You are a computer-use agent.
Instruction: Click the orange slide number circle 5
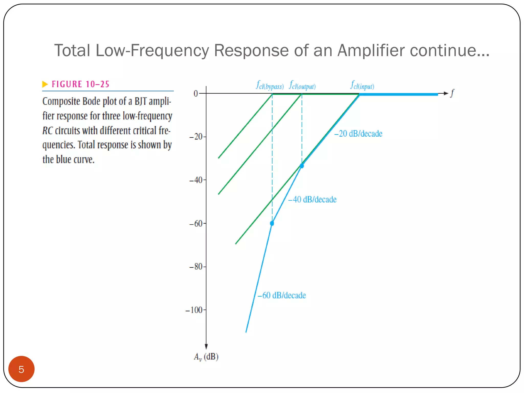tap(21, 369)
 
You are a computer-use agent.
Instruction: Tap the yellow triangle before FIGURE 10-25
tap(45, 84)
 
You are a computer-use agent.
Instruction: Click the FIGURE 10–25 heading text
tap(80, 84)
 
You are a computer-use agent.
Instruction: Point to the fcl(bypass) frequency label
tap(270, 85)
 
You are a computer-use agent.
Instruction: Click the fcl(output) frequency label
tap(302, 85)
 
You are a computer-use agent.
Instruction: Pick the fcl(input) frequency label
tap(362, 85)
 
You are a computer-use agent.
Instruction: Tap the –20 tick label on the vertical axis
tap(196, 137)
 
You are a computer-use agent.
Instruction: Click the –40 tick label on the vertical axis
tap(196, 180)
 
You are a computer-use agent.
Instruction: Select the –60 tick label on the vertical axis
tap(196, 224)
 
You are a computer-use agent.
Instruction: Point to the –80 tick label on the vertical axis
tap(196, 267)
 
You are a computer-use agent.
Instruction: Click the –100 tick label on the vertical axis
tap(194, 310)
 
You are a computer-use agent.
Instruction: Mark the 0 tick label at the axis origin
tap(196, 94)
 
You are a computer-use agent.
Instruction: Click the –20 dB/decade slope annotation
tap(358, 134)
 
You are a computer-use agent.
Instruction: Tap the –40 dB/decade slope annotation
tap(312, 200)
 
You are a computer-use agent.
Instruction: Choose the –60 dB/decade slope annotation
tap(281, 296)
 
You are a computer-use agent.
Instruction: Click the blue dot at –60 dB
tap(272, 223)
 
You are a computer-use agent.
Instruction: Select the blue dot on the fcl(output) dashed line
tap(302, 166)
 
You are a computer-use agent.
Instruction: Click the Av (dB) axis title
tap(206, 357)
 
